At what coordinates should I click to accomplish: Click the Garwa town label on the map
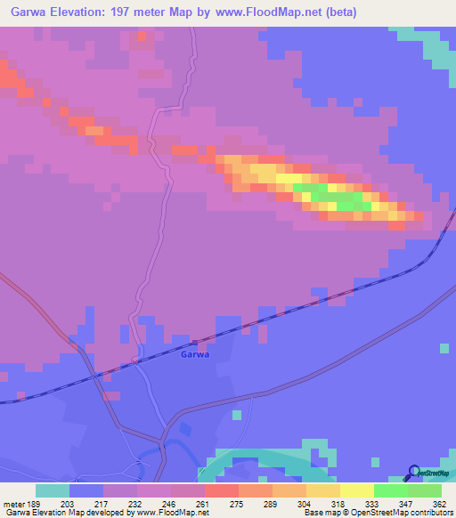pyautogui.click(x=194, y=353)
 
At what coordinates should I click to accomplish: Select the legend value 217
pyautogui.click(x=102, y=504)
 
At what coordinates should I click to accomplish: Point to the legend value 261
pyautogui.click(x=204, y=504)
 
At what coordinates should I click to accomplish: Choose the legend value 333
pyautogui.click(x=373, y=504)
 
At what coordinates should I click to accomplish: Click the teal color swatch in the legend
pyautogui.click(x=52, y=490)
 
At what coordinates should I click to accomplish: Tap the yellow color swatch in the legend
pyautogui.click(x=356, y=490)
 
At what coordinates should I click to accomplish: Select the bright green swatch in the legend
pyautogui.click(x=390, y=490)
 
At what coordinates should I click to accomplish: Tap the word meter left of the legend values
pyautogui.click(x=15, y=504)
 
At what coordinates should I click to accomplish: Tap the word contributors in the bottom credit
pyautogui.click(x=427, y=513)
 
